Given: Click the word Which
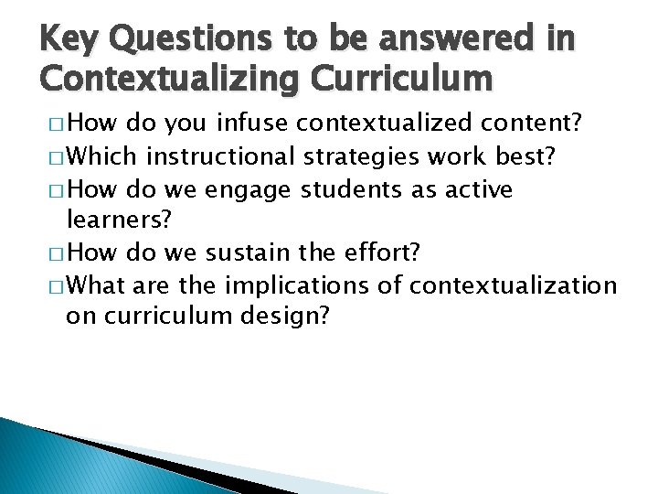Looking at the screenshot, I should [x=103, y=158].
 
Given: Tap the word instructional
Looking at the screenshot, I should [x=221, y=158].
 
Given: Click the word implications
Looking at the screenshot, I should [x=296, y=286].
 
